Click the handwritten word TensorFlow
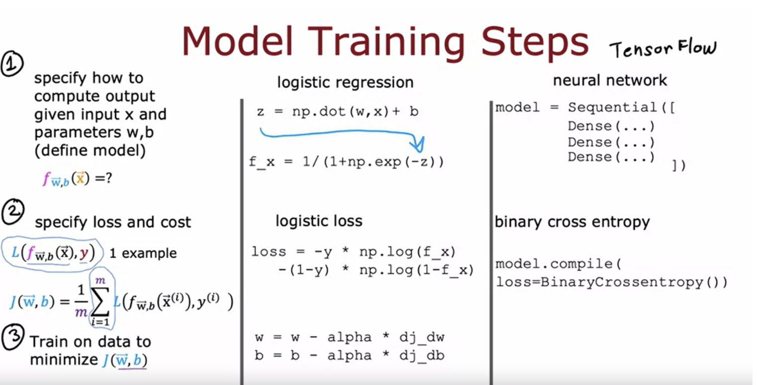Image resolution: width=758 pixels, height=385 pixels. [x=663, y=49]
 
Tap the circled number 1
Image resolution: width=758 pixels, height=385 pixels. [x=12, y=64]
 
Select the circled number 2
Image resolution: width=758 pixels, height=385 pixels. [x=13, y=212]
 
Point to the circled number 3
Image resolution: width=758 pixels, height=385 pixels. [x=13, y=337]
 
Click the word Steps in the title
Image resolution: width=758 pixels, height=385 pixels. [x=535, y=42]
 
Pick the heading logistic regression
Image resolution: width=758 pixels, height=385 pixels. [x=345, y=82]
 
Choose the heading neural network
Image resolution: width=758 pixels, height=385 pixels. [x=610, y=80]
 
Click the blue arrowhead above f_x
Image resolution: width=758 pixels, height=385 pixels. [x=418, y=144]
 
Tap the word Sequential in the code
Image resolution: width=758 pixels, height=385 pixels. [x=612, y=107]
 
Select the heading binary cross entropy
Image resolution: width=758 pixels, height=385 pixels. [x=572, y=222]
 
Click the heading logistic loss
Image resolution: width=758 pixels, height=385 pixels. [x=319, y=221]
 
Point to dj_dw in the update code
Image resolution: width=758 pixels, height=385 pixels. [x=422, y=337]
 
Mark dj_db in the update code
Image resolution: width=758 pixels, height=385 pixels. [x=422, y=356]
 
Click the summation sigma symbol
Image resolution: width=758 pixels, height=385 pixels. [x=100, y=301]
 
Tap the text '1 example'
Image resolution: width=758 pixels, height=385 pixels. [x=143, y=253]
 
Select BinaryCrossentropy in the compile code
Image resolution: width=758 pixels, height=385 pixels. [x=622, y=283]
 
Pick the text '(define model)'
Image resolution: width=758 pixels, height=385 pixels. [x=90, y=151]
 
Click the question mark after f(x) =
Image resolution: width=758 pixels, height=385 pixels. [x=108, y=178]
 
